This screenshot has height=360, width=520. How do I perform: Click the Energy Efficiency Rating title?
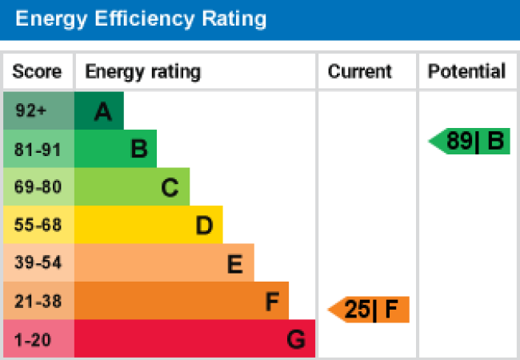pos(142,19)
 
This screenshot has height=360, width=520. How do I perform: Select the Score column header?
pos(37,72)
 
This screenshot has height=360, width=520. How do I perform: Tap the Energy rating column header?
pos(143,72)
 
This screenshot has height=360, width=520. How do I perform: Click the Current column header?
pos(360,72)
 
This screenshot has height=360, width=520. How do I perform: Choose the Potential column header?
pos(467,72)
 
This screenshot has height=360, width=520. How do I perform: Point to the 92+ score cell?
pos(31,111)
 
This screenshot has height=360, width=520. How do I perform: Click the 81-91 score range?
pos(37,149)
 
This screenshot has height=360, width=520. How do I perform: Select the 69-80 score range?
pos(37,187)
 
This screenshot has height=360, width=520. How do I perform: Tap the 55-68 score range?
pos(37,226)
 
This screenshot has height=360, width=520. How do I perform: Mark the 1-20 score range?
pos(33,340)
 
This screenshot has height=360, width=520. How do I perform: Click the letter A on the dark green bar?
pos(102,112)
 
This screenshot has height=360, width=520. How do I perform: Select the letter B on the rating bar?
pos(138,149)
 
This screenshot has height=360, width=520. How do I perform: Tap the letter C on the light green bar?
pos(170,188)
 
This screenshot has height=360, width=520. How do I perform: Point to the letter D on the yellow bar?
pos(204,226)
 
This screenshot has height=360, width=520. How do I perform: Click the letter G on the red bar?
pos(296,341)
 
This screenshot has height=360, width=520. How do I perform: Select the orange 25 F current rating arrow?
pos(370,309)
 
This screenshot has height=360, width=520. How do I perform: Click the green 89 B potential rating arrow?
pos(470,142)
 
